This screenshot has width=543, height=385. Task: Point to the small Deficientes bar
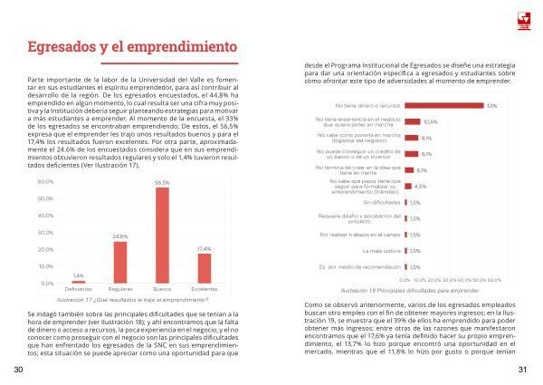coord(78,282)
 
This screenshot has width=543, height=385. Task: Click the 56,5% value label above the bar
coord(162,183)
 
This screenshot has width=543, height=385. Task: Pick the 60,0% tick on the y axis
coord(46,182)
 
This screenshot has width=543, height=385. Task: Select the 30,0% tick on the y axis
coord(46,233)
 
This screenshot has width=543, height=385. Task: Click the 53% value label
coord(491,106)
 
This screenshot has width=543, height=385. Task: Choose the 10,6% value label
coord(431,121)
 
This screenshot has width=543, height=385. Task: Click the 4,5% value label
coord(420,186)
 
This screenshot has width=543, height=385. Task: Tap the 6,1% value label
coord(422,169)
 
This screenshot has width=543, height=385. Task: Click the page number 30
coord(18,370)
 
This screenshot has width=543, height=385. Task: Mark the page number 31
coord(522,370)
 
